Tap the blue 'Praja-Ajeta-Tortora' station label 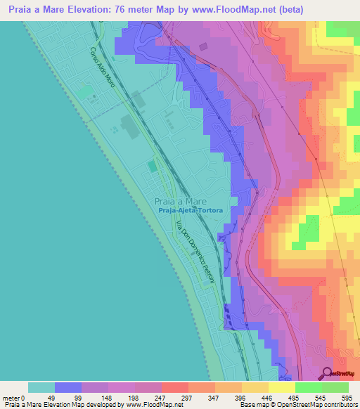tap(191, 210)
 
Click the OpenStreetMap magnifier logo tap(328, 374)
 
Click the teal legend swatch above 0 tap(41, 387)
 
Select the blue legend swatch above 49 tap(67, 387)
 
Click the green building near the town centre tap(152, 166)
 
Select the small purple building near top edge tap(203, 46)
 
